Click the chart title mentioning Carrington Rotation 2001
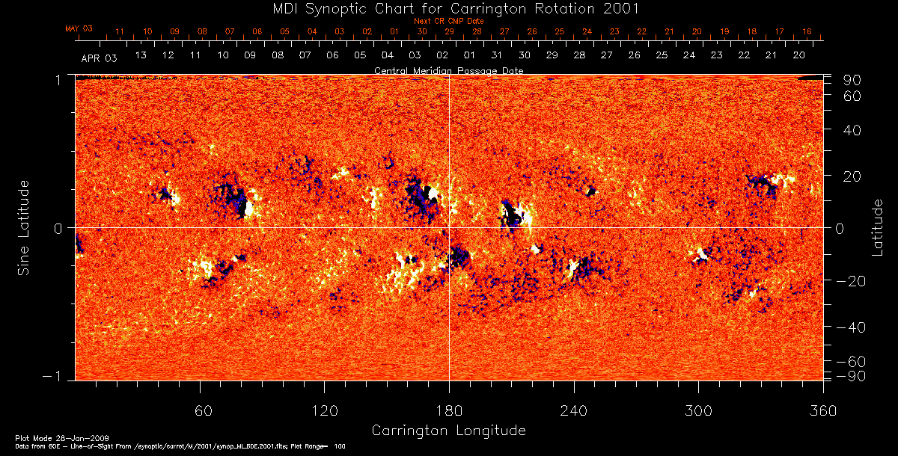pos(448,8)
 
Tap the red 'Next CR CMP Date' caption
pos(448,21)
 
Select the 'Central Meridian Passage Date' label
pos(448,70)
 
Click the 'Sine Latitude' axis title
pos(24,227)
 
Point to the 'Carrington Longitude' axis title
pos(448,431)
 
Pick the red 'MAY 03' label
pos(79,28)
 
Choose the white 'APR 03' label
pos(99,57)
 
